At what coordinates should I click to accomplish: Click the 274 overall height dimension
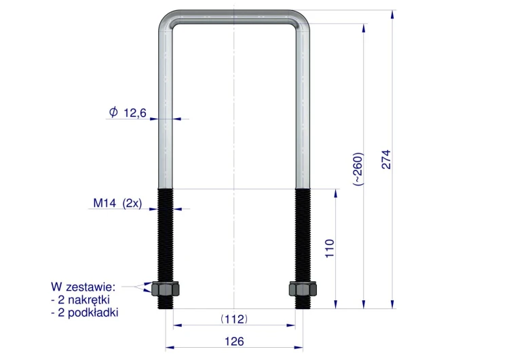386,160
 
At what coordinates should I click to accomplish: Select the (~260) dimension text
358,169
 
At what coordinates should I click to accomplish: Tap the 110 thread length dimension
330,249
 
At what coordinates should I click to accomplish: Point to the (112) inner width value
234,319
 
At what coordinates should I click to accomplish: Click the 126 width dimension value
234,342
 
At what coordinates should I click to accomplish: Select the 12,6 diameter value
135,113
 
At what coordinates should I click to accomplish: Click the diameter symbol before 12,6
113,112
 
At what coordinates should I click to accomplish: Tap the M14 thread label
105,203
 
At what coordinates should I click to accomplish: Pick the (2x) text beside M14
132,203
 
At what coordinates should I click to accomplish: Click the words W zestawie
83,287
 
